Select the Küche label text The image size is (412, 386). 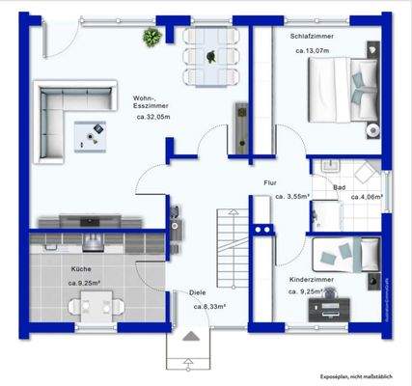point(81,269)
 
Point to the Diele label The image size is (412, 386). point(197,295)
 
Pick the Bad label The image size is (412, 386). point(340,187)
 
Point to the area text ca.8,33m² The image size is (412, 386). point(209,307)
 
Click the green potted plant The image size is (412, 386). point(151,38)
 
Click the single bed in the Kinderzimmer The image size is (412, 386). point(349,253)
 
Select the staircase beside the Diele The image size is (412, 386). point(229,242)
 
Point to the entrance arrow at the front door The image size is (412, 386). point(190,341)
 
